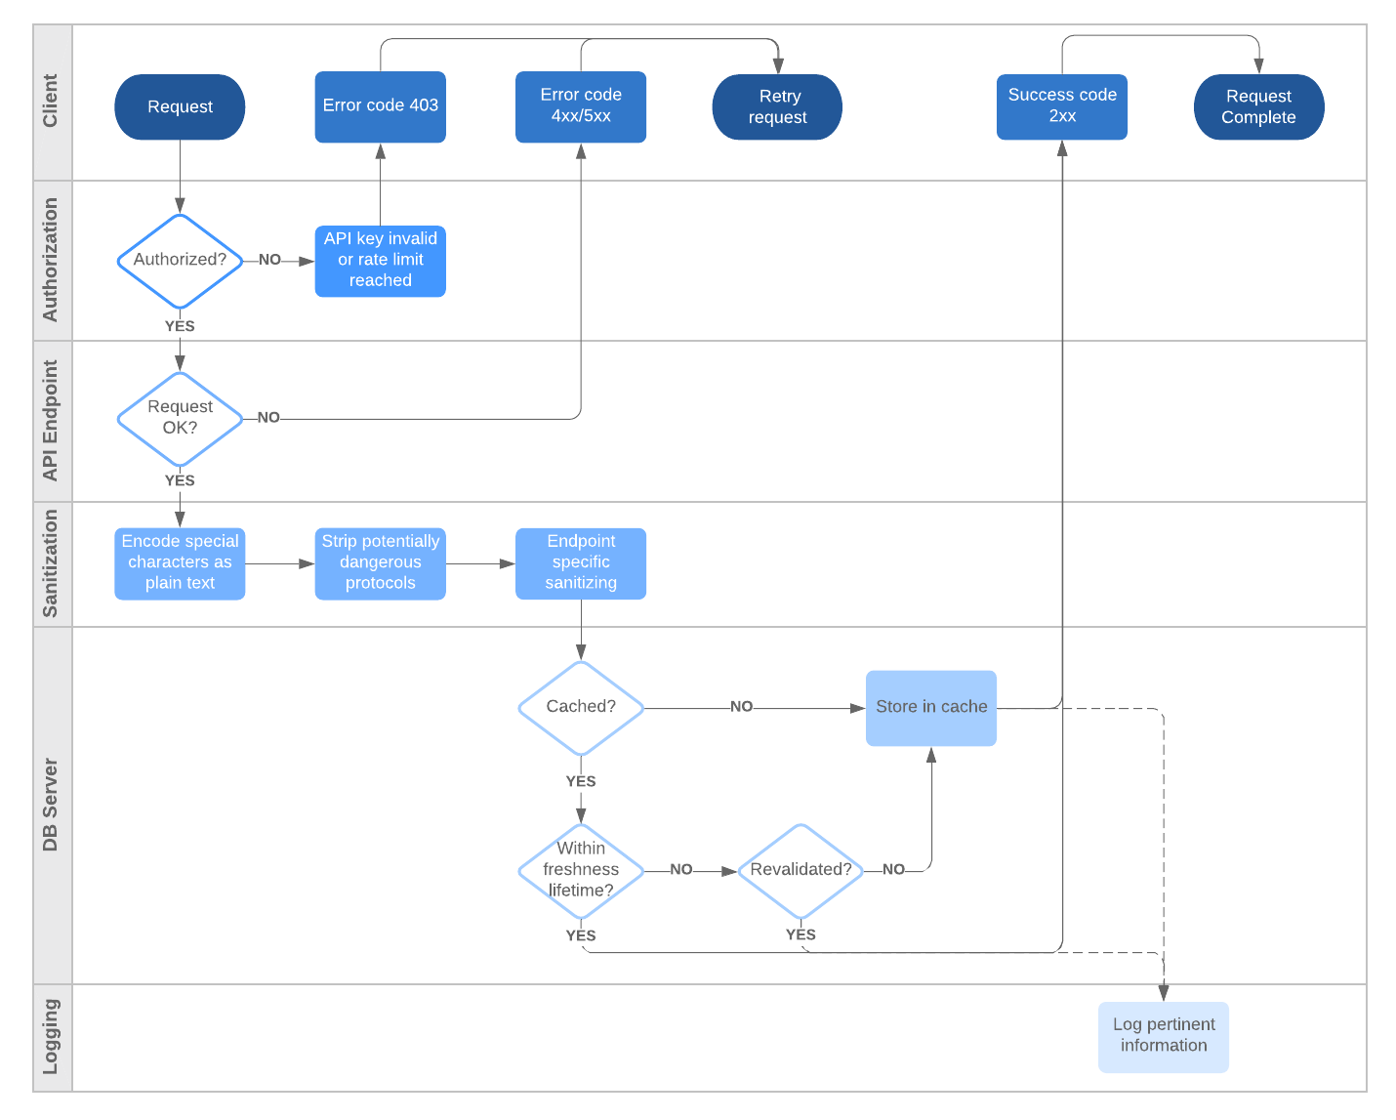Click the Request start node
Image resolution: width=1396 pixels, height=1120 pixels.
[180, 106]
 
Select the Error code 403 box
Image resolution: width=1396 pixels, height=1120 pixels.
[380, 106]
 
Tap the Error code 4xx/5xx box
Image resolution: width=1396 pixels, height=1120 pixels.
[580, 106]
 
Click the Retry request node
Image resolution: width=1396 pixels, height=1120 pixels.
[777, 106]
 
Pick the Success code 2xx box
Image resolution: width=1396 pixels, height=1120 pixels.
[1061, 106]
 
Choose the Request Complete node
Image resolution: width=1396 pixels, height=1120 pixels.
[1258, 106]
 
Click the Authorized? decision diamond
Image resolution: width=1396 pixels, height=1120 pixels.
[180, 261]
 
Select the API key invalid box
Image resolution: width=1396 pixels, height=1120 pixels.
[380, 261]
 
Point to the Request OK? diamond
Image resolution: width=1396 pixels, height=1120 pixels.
[180, 419]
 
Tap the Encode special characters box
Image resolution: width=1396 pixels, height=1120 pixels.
[180, 563]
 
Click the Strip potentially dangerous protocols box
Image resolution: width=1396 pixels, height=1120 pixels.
[380, 563]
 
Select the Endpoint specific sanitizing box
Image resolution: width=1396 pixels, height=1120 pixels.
[580, 563]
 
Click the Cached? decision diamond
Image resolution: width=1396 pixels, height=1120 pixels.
[580, 708]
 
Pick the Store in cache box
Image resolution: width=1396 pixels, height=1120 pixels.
[930, 708]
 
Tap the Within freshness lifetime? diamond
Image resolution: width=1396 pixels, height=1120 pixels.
[580, 870]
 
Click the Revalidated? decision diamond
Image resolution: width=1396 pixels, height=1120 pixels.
[801, 870]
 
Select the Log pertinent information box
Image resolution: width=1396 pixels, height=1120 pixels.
[1163, 1036]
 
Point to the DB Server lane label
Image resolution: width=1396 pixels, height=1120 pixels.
[52, 805]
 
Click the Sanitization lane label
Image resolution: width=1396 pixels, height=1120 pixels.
[52, 563]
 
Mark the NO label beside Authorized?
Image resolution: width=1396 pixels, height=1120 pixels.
[269, 260]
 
